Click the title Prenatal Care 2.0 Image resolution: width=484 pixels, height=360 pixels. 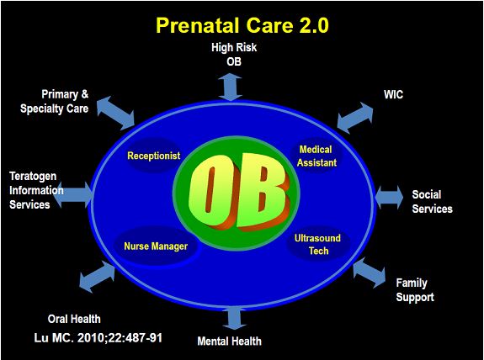(242, 25)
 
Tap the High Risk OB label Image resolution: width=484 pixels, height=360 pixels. (234, 55)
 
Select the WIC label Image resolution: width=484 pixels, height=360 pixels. (393, 94)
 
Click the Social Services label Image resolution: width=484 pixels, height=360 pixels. (432, 202)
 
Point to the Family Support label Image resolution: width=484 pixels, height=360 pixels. (415, 290)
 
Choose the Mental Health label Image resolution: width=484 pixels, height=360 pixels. (229, 341)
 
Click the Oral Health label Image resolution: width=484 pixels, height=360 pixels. (74, 319)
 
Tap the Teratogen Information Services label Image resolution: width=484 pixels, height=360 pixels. (36, 190)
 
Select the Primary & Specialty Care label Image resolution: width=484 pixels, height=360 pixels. (55, 102)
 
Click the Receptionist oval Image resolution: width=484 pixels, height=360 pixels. (154, 156)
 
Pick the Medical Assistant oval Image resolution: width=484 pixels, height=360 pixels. (316, 156)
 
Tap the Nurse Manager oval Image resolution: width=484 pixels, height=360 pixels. (156, 246)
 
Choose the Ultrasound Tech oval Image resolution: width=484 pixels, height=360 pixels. (318, 244)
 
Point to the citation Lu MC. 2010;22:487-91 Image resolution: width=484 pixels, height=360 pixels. (98, 338)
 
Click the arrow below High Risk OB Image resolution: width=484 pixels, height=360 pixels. (231, 87)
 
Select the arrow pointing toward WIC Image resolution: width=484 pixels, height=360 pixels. (355, 118)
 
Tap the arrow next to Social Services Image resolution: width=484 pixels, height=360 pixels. (389, 197)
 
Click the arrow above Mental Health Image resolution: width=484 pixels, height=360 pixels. (235, 318)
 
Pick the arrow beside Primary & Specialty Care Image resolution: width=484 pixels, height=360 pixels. (116, 113)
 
